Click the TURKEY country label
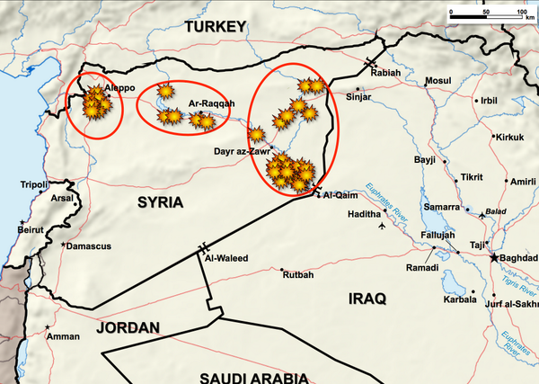(216, 29)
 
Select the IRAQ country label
(366, 298)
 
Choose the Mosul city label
(438, 81)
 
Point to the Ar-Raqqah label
(211, 103)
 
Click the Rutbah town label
(299, 274)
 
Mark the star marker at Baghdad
(492, 257)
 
